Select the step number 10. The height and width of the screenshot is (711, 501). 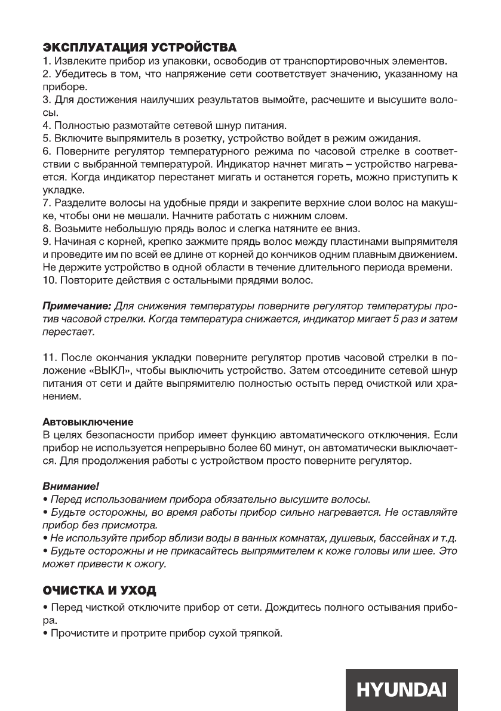(48, 279)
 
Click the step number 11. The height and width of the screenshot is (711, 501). (48, 357)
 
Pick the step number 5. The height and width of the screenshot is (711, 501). (45, 138)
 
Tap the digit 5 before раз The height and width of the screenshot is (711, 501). (379, 319)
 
